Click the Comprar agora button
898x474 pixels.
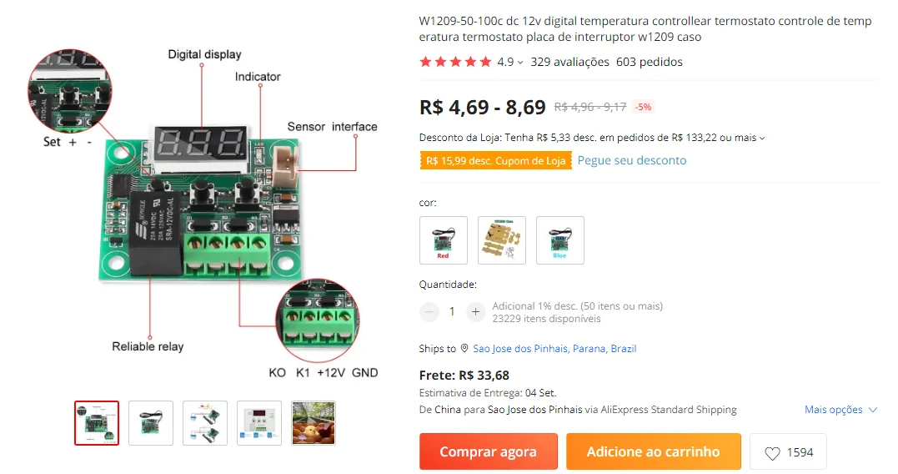click(x=488, y=451)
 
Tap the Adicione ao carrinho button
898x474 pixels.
click(x=653, y=451)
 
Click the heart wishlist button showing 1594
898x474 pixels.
click(x=788, y=452)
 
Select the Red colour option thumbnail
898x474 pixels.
click(x=444, y=240)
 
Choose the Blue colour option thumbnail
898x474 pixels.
click(x=559, y=240)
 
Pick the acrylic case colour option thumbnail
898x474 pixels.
click(x=502, y=240)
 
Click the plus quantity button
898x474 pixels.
click(x=475, y=311)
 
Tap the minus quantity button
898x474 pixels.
click(x=429, y=311)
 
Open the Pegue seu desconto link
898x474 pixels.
click(x=631, y=160)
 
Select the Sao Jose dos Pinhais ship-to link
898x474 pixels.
click(x=554, y=349)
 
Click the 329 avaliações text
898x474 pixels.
click(x=569, y=62)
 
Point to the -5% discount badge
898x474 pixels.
click(x=643, y=107)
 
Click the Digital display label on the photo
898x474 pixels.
click(x=204, y=54)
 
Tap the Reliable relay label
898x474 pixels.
click(x=148, y=346)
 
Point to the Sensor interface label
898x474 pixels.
click(x=332, y=127)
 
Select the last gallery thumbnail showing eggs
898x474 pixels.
click(x=314, y=423)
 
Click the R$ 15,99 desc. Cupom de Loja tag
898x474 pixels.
click(x=495, y=160)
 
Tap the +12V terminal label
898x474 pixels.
click(x=330, y=372)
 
